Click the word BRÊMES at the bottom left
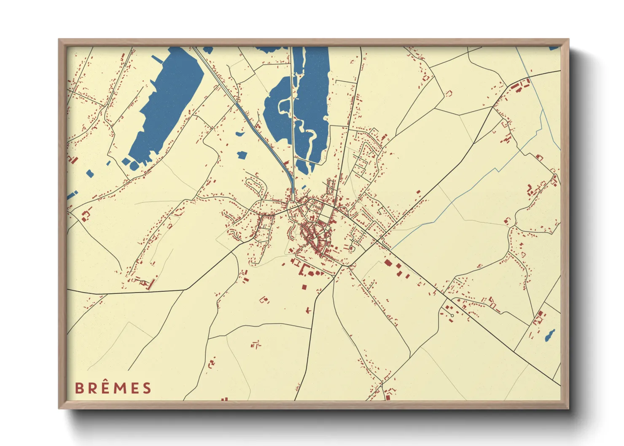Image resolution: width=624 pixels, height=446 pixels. click(x=113, y=388)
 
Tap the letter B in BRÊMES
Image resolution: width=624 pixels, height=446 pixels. click(x=79, y=388)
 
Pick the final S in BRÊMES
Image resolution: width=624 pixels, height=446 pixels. click(x=147, y=388)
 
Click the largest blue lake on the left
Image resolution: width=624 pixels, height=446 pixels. click(x=169, y=105)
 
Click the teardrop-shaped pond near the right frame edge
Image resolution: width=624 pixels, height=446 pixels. click(x=550, y=336)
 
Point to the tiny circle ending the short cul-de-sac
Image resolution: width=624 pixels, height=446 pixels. click(x=452, y=314)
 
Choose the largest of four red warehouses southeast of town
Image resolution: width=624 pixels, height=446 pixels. click(x=387, y=263)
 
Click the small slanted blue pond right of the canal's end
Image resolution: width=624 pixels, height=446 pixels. click(x=304, y=187)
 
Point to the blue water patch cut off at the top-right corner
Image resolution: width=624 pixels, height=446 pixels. click(x=554, y=48)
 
